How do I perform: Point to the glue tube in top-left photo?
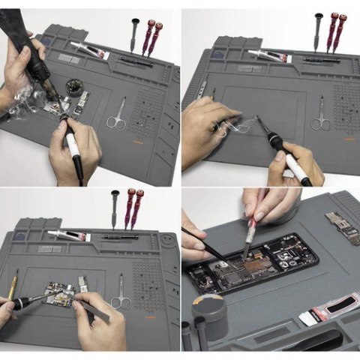[x=89, y=52]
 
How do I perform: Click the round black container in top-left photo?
[x=74, y=86]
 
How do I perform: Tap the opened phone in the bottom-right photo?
[x=255, y=267]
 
